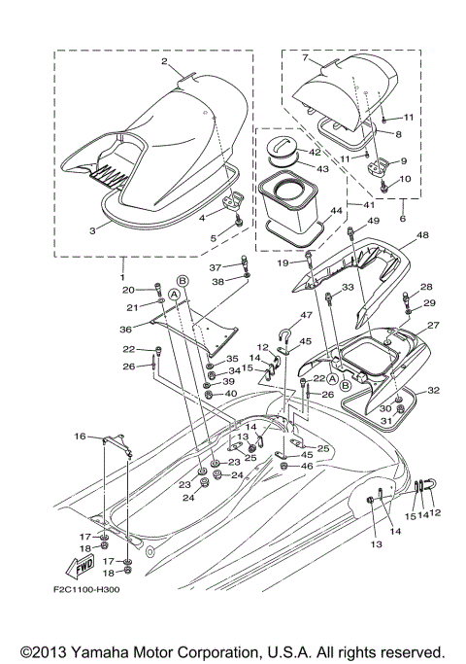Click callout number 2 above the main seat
click(166, 62)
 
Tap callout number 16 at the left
click(81, 437)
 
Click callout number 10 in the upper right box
click(406, 179)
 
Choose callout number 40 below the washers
click(230, 394)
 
